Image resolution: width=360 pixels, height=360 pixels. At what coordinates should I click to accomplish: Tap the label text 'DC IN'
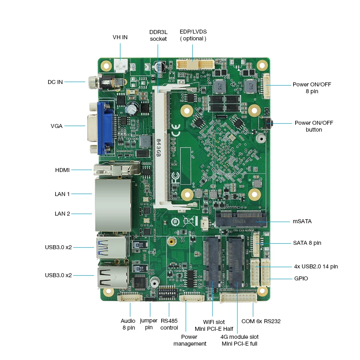[x=55, y=82]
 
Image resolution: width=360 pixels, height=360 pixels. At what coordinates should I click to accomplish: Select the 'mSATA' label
[x=302, y=221]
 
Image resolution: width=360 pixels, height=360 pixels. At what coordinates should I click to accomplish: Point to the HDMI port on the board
[x=116, y=170]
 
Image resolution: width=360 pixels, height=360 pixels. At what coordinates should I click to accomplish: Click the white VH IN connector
[x=120, y=64]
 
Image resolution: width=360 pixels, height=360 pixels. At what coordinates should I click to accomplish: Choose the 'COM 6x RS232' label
[x=261, y=321]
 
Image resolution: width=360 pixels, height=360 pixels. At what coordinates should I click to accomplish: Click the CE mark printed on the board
[x=176, y=131]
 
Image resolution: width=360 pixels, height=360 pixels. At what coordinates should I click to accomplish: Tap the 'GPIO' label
[x=301, y=278]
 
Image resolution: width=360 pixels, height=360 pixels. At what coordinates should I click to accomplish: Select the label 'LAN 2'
[x=62, y=214]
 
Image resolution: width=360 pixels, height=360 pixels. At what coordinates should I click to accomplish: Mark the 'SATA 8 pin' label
[x=307, y=243]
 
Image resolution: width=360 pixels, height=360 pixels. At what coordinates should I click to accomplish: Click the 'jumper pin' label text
[x=149, y=324]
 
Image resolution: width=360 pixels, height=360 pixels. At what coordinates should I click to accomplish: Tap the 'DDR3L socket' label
[x=158, y=35]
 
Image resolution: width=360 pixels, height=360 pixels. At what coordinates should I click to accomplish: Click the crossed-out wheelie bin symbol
[x=189, y=221]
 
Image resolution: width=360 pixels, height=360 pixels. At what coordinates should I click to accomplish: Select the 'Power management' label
[x=190, y=340]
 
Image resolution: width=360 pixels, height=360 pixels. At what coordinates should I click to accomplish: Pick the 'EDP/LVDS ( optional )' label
[x=193, y=35]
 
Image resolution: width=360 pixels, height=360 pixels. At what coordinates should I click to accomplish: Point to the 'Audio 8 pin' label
[x=128, y=324]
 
